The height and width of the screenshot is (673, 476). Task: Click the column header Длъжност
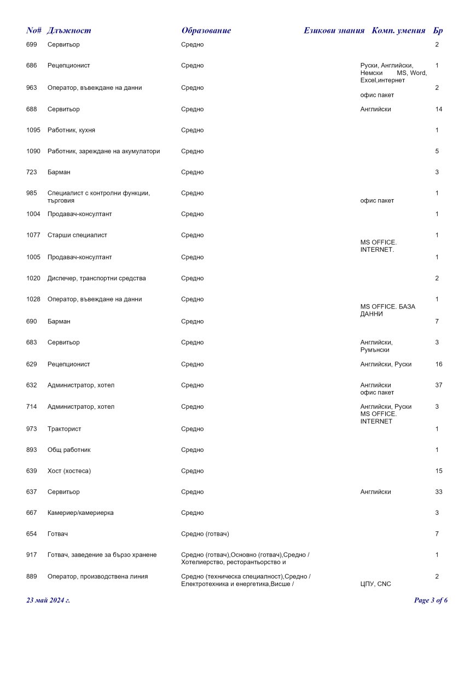point(69,31)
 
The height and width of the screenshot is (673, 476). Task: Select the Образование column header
point(206,31)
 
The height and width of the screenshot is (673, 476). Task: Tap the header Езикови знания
point(334,31)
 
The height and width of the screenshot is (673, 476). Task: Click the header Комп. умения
point(398,31)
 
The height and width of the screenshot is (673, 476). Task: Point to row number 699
point(32,44)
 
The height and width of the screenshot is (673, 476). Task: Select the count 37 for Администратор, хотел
point(438,385)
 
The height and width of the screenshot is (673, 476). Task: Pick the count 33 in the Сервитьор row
point(438,492)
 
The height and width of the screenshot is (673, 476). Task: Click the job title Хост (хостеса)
point(69,471)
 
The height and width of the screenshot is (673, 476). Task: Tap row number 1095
point(33,130)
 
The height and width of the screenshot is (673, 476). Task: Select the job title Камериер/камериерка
point(80,513)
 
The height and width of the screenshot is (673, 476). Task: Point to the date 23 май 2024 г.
point(48,600)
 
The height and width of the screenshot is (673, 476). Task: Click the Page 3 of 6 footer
point(431,600)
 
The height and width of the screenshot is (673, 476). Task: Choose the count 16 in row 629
point(438,364)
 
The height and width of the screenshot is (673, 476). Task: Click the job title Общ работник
point(69,450)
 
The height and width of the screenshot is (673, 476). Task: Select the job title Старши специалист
point(77,235)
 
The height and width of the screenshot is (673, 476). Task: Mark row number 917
point(32,555)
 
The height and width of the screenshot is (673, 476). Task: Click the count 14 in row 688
point(438,109)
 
